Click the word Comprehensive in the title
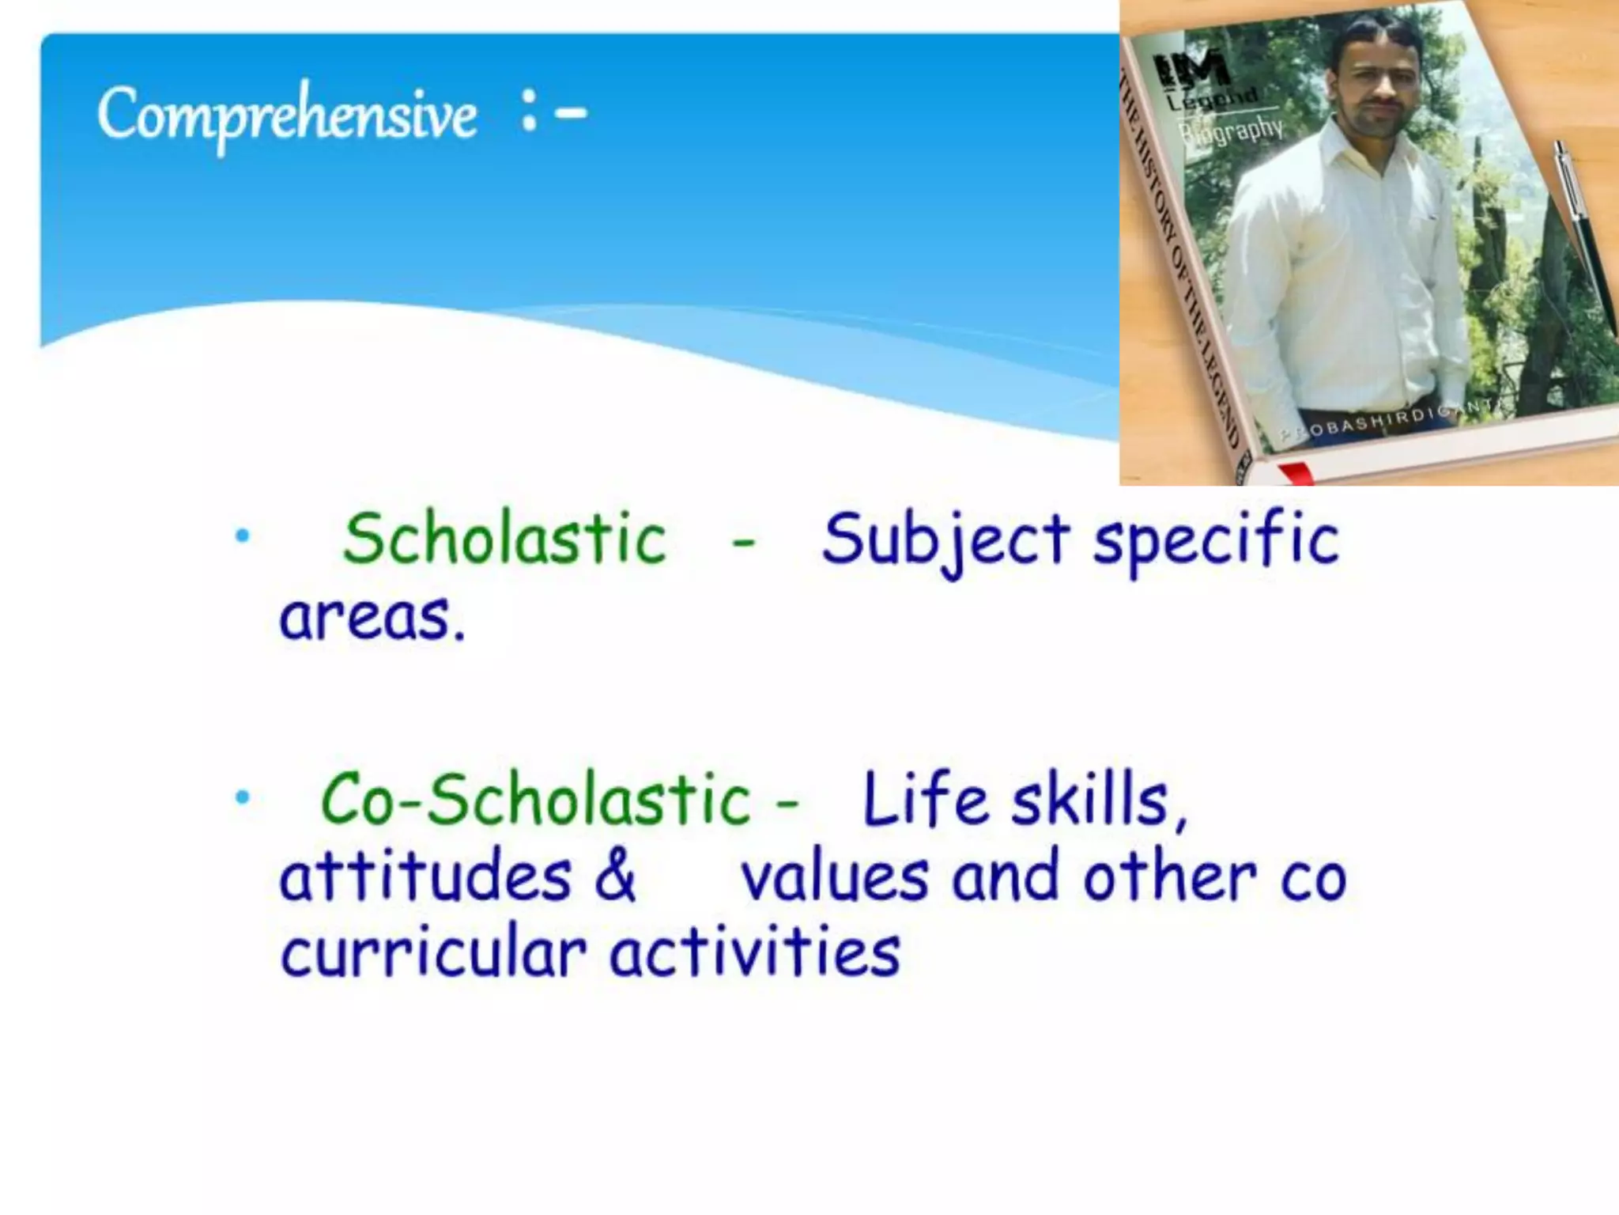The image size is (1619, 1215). (286, 115)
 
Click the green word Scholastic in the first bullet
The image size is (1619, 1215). (504, 539)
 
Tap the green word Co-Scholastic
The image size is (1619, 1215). (535, 799)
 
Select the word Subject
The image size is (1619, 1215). (945, 540)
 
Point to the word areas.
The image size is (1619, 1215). (372, 617)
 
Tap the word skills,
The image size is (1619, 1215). (1100, 801)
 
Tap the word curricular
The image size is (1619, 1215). (433, 952)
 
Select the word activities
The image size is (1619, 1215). (754, 952)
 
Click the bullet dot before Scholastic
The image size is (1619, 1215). (242, 537)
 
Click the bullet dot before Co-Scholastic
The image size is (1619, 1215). (242, 797)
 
